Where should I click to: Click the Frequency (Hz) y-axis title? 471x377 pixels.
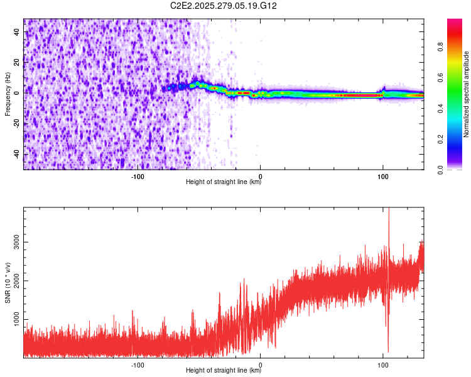point(8,94)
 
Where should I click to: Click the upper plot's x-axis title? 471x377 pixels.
point(224,182)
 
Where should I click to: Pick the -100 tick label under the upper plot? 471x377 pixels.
point(138,175)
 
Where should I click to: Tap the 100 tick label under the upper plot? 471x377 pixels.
point(382,175)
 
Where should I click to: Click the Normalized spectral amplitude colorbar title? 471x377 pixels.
point(467,94)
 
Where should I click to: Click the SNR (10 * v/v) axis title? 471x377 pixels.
point(8,283)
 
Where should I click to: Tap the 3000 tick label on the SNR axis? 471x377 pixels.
point(14,242)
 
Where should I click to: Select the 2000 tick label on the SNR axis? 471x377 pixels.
point(14,281)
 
